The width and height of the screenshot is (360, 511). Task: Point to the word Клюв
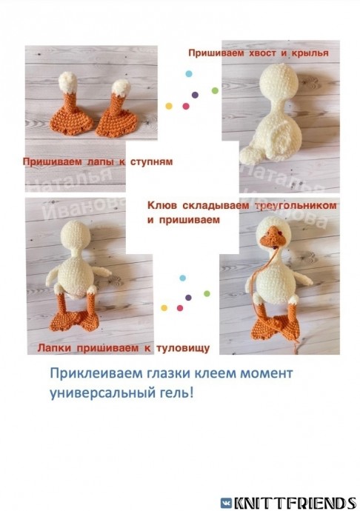161,204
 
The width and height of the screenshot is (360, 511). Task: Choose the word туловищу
187,347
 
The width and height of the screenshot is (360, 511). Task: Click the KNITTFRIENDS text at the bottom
294,503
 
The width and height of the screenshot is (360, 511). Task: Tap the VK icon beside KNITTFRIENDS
226,503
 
